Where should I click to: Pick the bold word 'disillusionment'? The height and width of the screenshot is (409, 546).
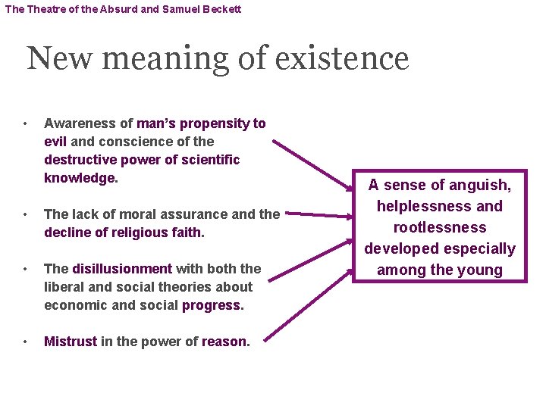122,269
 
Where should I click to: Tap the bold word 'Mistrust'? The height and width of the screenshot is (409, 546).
71,342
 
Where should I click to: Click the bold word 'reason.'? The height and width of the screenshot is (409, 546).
225,342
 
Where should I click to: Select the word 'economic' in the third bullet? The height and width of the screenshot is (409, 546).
72,305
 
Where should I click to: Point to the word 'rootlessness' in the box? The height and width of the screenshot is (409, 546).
439,227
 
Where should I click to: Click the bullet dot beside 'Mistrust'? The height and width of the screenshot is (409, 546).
25,342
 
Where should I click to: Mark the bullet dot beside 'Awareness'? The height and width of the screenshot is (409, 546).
25,123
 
